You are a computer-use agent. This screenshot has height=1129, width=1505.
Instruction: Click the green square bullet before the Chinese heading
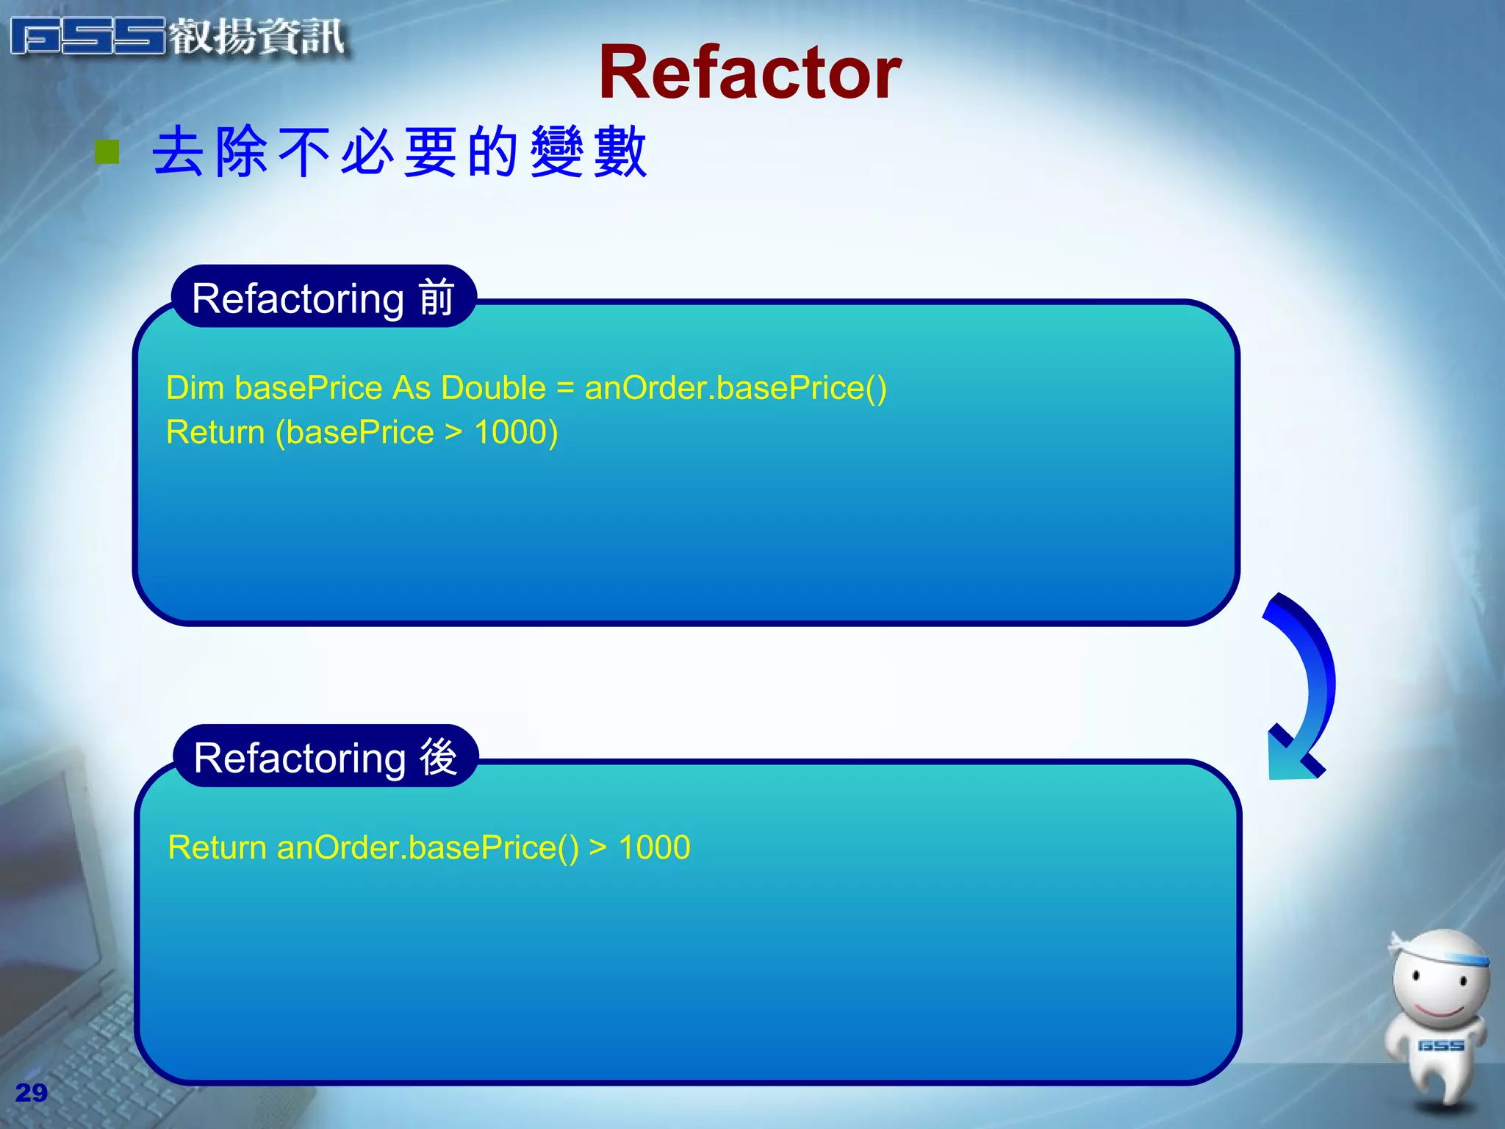pos(107,152)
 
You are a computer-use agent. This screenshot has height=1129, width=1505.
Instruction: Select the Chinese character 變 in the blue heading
pos(557,151)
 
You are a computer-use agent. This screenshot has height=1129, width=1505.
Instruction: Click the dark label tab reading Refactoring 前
pos(323,298)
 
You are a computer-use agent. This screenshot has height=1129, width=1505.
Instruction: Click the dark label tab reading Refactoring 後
pos(326,757)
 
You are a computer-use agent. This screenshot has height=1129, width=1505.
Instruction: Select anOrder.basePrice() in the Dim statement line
pos(736,387)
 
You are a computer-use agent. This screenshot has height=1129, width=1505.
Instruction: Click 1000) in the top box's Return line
pos(516,432)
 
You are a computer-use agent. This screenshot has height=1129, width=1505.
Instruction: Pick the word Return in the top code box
pos(215,432)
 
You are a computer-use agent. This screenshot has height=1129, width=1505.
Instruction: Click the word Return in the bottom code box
pos(217,847)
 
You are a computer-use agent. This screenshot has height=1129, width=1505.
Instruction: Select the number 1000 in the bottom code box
pos(654,847)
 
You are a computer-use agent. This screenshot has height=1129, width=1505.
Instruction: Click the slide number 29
pos(31,1093)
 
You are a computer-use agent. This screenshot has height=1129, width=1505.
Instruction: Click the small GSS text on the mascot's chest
pos(1440,1045)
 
